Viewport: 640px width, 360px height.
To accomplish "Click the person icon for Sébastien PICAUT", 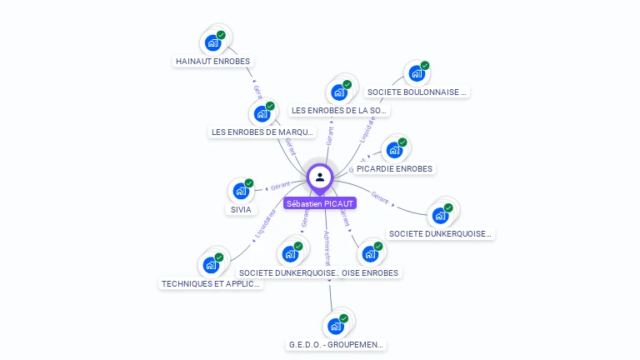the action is point(320,177).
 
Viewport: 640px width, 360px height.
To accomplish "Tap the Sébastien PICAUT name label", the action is point(320,203).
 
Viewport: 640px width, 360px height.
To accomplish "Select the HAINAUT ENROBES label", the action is point(212,61).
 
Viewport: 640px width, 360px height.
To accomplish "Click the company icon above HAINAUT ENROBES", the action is point(213,42).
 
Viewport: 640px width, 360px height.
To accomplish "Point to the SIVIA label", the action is point(241,210).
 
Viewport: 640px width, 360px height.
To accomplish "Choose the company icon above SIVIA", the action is point(241,191).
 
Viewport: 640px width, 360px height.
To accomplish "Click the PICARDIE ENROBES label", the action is point(395,168).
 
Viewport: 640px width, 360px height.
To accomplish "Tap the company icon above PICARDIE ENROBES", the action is point(394,151).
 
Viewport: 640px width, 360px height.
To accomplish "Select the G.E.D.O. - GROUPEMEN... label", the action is point(337,344).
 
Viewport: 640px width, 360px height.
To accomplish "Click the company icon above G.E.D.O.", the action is point(336,325).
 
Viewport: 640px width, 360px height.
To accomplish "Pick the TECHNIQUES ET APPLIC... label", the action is point(212,283).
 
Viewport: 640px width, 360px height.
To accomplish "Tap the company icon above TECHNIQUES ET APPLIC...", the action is point(212,265).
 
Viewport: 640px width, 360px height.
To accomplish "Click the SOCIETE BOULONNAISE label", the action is point(417,92).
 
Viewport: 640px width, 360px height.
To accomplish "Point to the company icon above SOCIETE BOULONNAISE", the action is point(417,73).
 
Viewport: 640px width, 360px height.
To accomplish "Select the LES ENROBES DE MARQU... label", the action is point(263,132).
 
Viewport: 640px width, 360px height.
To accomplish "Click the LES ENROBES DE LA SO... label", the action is point(339,110).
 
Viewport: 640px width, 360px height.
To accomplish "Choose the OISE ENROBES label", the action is point(371,272).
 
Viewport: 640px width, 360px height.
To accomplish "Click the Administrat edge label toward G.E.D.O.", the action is point(327,247).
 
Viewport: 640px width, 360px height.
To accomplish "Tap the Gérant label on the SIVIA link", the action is point(279,186).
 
